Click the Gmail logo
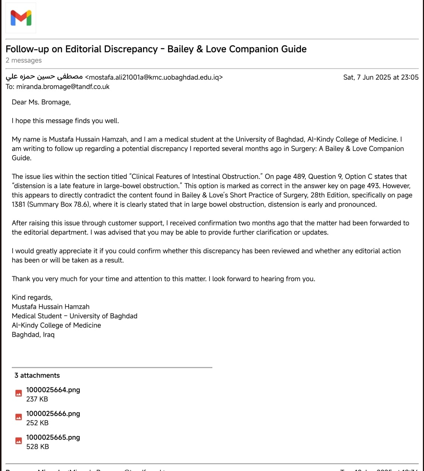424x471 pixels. (21, 18)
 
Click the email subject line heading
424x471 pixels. (156, 49)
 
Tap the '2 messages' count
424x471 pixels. (24, 60)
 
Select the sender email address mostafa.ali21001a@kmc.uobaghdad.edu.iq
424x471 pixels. (154, 77)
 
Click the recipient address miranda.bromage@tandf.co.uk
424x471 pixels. (63, 87)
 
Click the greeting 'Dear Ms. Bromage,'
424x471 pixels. (41, 102)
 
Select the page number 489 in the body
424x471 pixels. (299, 176)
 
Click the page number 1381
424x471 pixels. (18, 204)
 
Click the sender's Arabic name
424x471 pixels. (44, 77)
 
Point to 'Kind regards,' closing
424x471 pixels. (32, 297)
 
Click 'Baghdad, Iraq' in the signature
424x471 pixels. (33, 335)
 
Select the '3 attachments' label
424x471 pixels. (37, 375)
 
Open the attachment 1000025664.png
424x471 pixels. (53, 390)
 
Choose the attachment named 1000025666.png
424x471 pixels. (53, 413)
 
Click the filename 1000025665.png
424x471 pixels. (53, 437)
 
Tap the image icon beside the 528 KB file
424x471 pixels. (18, 441)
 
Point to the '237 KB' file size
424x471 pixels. (37, 399)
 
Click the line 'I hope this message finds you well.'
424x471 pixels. (65, 121)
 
